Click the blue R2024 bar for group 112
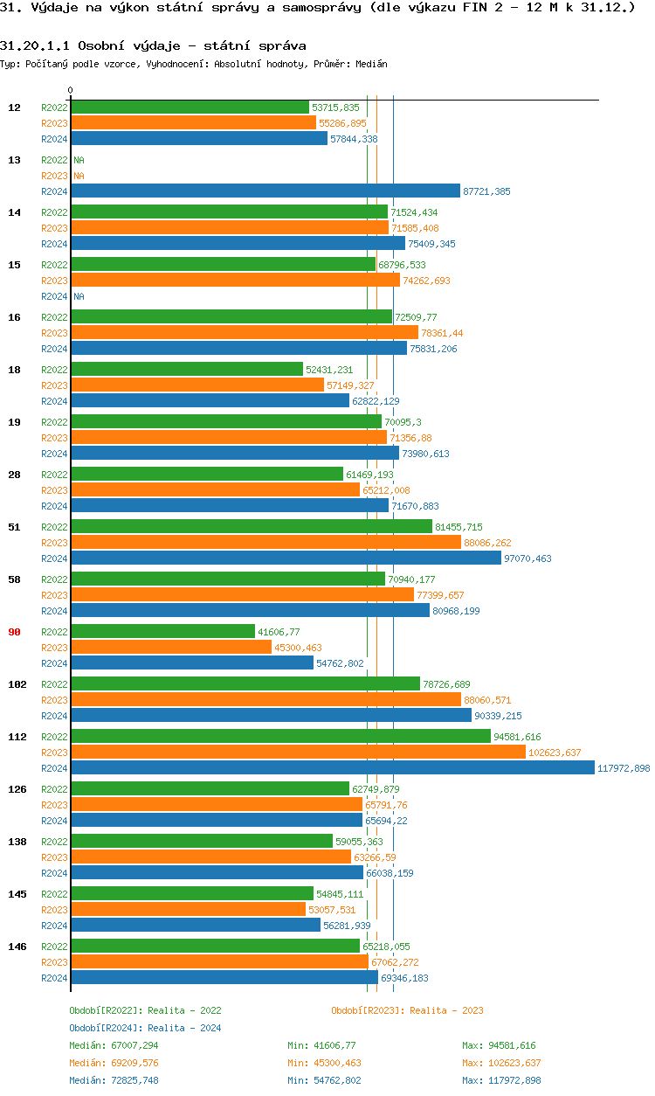click(x=332, y=768)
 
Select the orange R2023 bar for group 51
click(x=265, y=543)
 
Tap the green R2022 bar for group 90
click(x=162, y=632)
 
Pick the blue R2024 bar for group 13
click(x=265, y=191)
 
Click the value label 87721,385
click(x=486, y=191)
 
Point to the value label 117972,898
click(x=624, y=768)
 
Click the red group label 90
click(x=14, y=632)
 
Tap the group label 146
click(x=17, y=947)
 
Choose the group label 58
click(x=14, y=579)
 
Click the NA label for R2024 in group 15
click(x=79, y=296)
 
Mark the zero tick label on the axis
click(x=71, y=90)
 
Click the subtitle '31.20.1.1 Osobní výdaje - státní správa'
click(x=153, y=45)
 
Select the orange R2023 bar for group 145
click(x=188, y=910)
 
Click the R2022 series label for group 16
click(x=54, y=317)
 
